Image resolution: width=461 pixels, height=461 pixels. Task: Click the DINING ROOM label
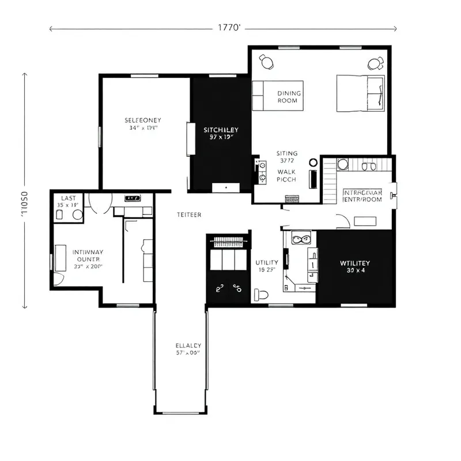[x=289, y=97]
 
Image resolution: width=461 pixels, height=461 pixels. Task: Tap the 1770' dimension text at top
[x=229, y=28]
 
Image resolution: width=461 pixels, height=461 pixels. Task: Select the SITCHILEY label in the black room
[x=221, y=134]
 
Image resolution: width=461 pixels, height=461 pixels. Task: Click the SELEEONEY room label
[x=143, y=124]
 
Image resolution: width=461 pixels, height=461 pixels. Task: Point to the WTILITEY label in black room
[x=355, y=266]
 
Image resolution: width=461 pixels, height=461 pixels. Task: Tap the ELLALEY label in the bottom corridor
[x=188, y=349]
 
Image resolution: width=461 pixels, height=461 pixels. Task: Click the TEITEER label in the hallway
[x=189, y=214]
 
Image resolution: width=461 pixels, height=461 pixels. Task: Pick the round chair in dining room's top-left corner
[x=266, y=60]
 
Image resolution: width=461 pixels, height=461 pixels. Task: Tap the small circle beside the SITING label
[x=313, y=163]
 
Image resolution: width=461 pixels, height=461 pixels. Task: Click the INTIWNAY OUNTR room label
[x=88, y=259]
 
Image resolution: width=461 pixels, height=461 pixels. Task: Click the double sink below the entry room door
[x=301, y=237]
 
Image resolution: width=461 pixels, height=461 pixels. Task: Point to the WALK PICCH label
[x=286, y=176]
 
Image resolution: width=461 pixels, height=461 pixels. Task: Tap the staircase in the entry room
[x=329, y=180]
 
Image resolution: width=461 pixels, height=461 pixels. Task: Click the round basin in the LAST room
[x=77, y=215]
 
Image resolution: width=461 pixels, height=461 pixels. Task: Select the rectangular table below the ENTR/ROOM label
[x=365, y=221]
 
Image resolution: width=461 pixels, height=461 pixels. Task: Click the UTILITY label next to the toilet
[x=266, y=266]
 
